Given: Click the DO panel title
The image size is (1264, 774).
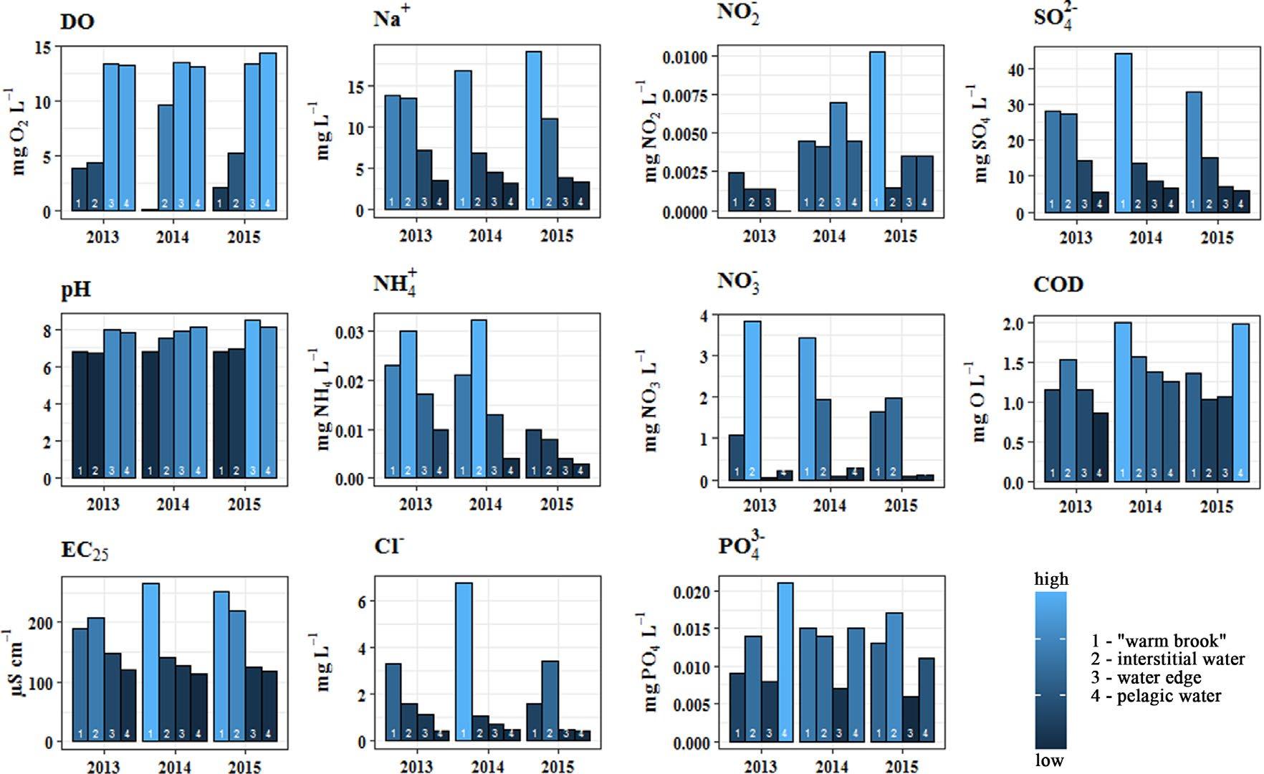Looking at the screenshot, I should pyautogui.click(x=77, y=21).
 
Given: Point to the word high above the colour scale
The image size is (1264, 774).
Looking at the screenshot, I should pyautogui.click(x=1051, y=579).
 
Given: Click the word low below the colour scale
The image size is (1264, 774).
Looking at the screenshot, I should pyautogui.click(x=1050, y=760).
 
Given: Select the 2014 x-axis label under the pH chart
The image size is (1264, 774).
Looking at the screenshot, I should pyautogui.click(x=173, y=505).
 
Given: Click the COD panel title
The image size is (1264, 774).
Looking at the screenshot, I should pyautogui.click(x=1058, y=285).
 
